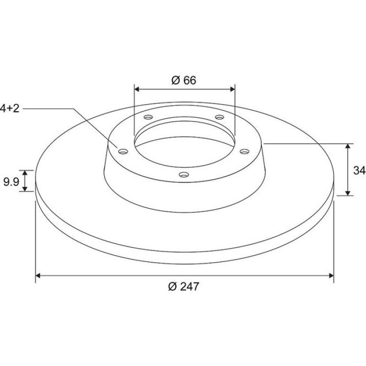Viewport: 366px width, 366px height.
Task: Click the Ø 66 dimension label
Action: [x=183, y=80]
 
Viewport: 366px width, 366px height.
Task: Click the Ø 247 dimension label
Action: [x=183, y=287]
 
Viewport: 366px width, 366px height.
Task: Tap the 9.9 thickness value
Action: [x=11, y=182]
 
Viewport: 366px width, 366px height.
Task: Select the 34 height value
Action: [x=359, y=170]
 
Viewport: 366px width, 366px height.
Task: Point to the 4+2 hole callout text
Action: [x=10, y=108]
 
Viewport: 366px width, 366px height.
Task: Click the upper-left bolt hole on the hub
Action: [x=148, y=117]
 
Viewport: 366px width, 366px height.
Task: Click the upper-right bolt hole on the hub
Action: [x=220, y=117]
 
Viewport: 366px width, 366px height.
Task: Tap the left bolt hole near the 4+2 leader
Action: [x=123, y=152]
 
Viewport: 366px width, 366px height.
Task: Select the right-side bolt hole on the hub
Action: [x=245, y=152]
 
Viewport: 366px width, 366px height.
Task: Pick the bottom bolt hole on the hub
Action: [x=183, y=174]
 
